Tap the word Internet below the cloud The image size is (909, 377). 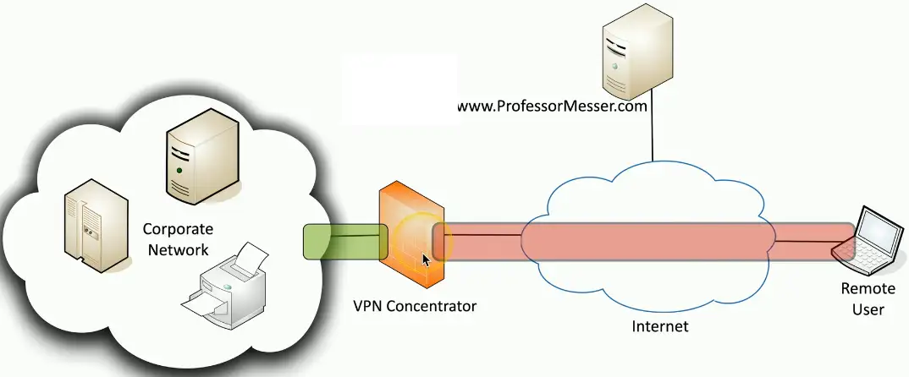[660, 326]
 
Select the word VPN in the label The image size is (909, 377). [367, 306]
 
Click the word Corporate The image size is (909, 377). [178, 229]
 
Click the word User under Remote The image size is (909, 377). [868, 309]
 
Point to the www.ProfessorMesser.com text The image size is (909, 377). [553, 107]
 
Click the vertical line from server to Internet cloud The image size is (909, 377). [653, 136]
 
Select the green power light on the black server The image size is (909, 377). [179, 171]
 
